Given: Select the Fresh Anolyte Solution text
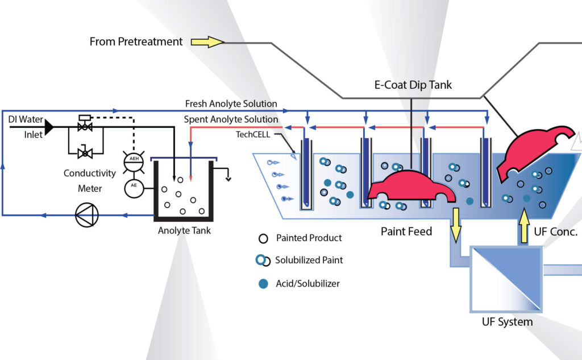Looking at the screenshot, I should pyautogui.click(x=231, y=104).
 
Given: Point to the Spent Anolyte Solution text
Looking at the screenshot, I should pyautogui.click(x=231, y=120).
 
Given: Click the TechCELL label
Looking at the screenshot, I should pyautogui.click(x=253, y=135).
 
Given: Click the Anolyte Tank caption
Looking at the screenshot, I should pyautogui.click(x=184, y=231).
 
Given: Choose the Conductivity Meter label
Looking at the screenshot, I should pyautogui.click(x=90, y=180).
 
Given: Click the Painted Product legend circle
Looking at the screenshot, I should pyautogui.click(x=263, y=238).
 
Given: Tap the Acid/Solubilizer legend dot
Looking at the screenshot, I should pyautogui.click(x=263, y=283).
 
